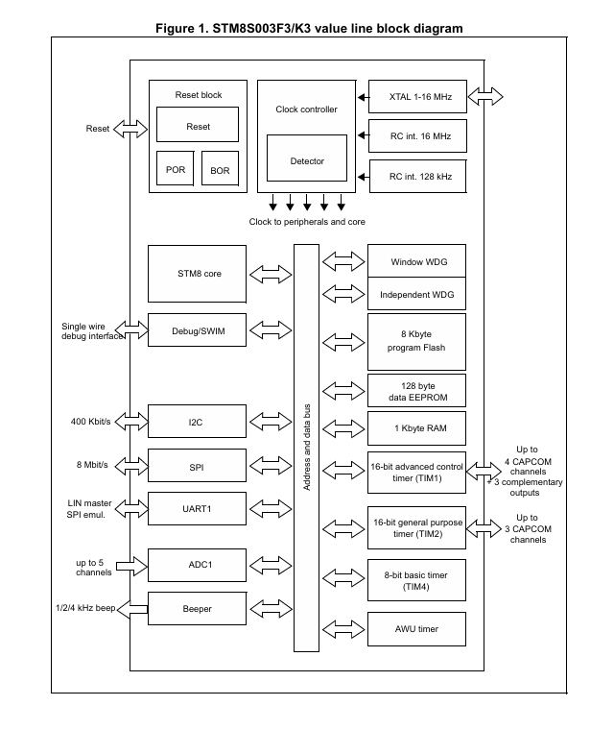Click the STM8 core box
pyautogui.click(x=199, y=273)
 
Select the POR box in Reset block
pyautogui.click(x=176, y=169)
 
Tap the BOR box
pyautogui.click(x=220, y=170)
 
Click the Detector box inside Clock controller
pyautogui.click(x=307, y=161)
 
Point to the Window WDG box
pyautogui.click(x=416, y=261)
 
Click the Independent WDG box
pyautogui.click(x=416, y=294)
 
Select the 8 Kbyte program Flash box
pyautogui.click(x=416, y=340)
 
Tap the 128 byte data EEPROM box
pyautogui.click(x=416, y=390)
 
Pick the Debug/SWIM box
pyautogui.click(x=199, y=329)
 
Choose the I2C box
pyautogui.click(x=199, y=421)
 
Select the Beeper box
pyautogui.click(x=199, y=609)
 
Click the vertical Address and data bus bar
pyautogui.click(x=306, y=449)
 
